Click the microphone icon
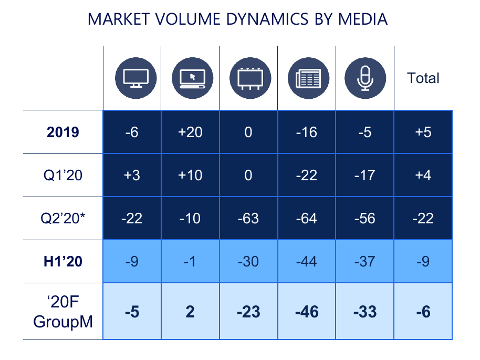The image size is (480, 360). (x=365, y=78)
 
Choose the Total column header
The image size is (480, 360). (x=423, y=78)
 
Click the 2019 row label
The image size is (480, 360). (x=62, y=132)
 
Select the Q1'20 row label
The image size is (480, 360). (x=62, y=175)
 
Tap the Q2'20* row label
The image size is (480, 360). (x=62, y=218)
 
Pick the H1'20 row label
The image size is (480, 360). (x=62, y=261)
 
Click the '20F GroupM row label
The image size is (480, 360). (x=62, y=312)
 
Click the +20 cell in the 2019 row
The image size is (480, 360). (x=190, y=132)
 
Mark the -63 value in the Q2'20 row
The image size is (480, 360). (x=248, y=218)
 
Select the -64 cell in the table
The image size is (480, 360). (x=307, y=218)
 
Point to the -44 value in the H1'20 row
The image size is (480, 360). (x=307, y=261)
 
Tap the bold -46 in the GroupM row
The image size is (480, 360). (x=307, y=312)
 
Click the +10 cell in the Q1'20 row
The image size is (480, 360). (x=190, y=175)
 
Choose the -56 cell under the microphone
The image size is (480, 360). (x=365, y=218)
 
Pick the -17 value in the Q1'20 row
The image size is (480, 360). (x=365, y=175)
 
